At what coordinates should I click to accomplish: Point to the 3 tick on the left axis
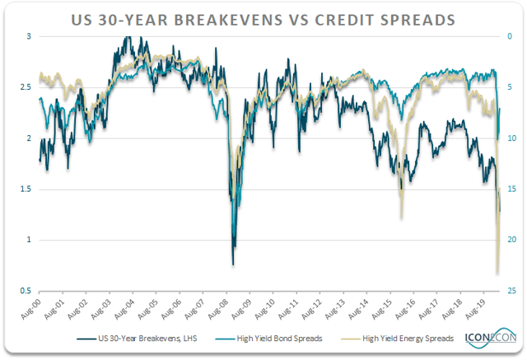pyautogui.click(x=29, y=36)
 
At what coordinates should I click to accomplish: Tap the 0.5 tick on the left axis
pyautogui.click(x=26, y=291)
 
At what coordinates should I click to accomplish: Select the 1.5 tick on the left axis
pyautogui.click(x=26, y=189)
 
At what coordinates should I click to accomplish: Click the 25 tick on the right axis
pyautogui.click(x=511, y=291)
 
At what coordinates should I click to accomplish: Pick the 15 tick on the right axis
pyautogui.click(x=511, y=189)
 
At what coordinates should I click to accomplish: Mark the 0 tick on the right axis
pyautogui.click(x=510, y=36)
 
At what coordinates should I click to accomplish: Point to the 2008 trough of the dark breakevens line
pyautogui.click(x=233, y=264)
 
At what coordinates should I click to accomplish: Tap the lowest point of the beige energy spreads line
pyautogui.click(x=497, y=274)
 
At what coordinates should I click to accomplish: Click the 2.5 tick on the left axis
pyautogui.click(x=26, y=86)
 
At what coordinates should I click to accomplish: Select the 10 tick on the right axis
pyautogui.click(x=511, y=138)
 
